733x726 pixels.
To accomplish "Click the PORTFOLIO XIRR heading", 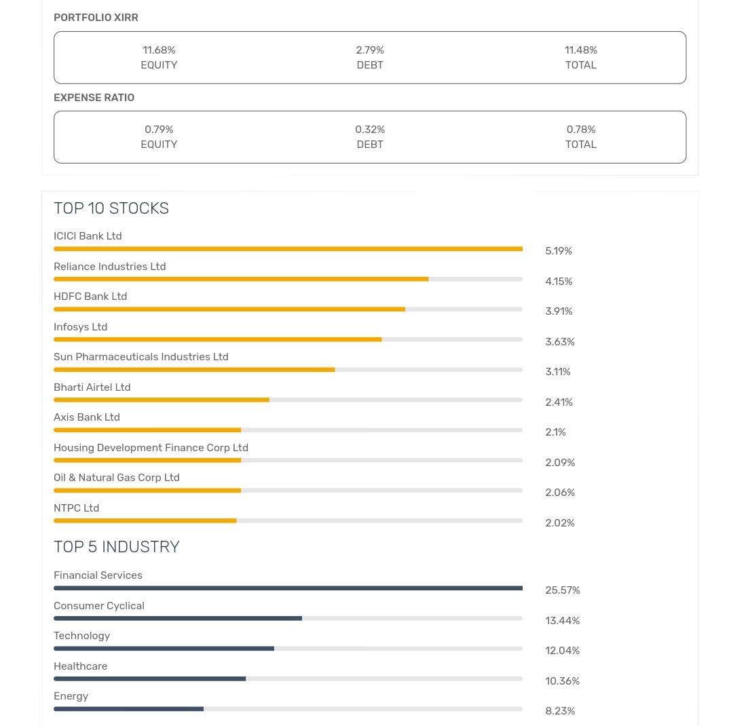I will [96, 18].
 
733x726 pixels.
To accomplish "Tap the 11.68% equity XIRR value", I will [159, 50].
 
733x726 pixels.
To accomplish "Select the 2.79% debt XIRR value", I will [370, 50].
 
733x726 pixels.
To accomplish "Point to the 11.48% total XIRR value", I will [581, 50].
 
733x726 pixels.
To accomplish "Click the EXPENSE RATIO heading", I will [94, 98].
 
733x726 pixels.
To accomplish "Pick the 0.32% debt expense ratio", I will [370, 130].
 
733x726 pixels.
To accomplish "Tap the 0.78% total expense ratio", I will [581, 130].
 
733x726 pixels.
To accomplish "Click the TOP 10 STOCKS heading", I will [111, 208].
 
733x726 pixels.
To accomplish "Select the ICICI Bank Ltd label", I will [88, 236].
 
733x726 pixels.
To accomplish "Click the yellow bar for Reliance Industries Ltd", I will [241, 279].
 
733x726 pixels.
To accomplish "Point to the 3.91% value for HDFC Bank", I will [559, 311].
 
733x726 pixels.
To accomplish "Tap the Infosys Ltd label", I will [81, 327].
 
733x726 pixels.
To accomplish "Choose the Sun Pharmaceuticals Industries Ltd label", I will [141, 357].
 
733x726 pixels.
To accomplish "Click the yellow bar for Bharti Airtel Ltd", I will [162, 400].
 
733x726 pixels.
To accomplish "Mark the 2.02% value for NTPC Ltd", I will [560, 523].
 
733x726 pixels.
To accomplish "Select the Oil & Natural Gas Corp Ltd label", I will [117, 478].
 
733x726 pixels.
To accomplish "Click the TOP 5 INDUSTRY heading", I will [117, 547].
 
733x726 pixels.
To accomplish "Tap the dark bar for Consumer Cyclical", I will [178, 618].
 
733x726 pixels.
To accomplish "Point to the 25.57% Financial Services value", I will [563, 590].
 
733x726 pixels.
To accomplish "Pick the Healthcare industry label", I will [81, 666].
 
